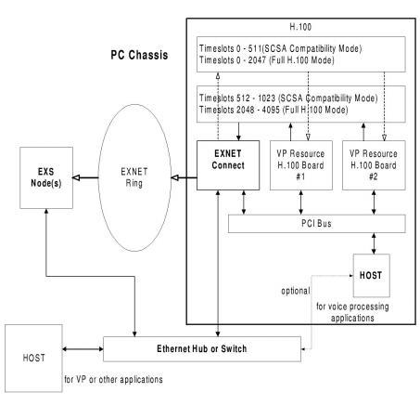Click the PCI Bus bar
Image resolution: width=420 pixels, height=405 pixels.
315,224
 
